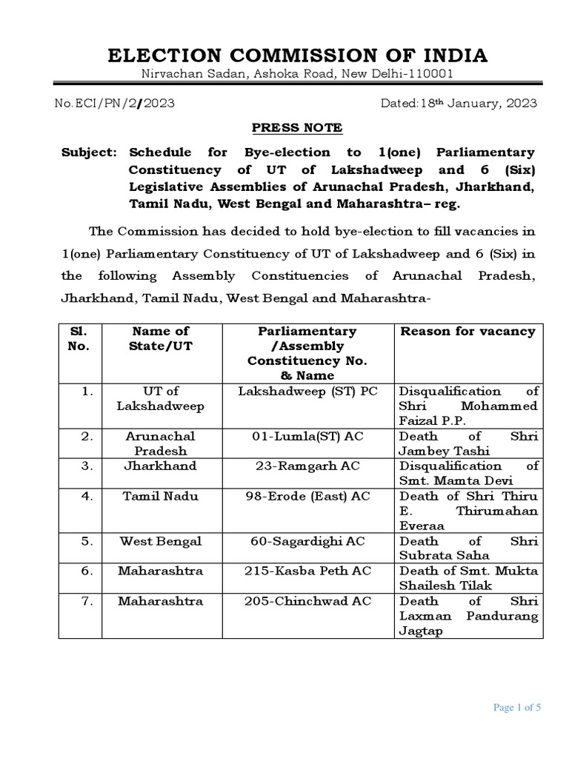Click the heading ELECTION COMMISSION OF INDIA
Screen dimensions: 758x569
(298, 56)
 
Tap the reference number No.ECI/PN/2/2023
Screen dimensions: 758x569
(115, 104)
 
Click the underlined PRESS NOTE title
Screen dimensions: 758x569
(297, 127)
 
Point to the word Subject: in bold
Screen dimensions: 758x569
(89, 152)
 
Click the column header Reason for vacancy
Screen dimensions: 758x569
(467, 332)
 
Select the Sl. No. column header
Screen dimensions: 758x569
(79, 338)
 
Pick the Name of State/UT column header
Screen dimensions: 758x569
(160, 338)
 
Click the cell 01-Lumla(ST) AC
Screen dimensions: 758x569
(307, 436)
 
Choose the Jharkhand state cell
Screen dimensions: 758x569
(160, 466)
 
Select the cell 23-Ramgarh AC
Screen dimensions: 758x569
(307, 466)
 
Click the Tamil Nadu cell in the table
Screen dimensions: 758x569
(160, 496)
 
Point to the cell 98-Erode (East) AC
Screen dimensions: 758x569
(307, 496)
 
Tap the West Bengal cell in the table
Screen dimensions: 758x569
(160, 541)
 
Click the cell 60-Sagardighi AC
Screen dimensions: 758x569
(307, 541)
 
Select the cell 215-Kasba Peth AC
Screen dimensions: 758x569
(307, 571)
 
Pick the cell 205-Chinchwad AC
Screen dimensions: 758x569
(307, 601)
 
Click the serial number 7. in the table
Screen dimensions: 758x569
(87, 601)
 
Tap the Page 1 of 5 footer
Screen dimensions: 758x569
(517, 708)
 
